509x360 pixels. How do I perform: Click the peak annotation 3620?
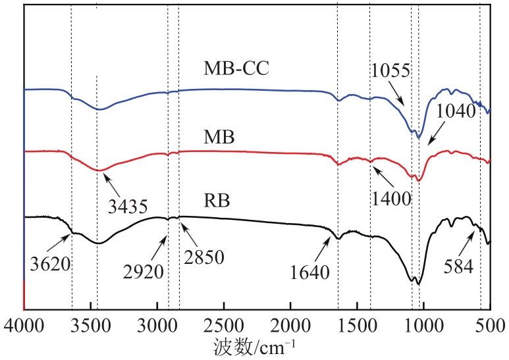point(50,263)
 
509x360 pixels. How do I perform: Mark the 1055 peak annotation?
point(390,70)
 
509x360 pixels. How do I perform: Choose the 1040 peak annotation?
point(455,111)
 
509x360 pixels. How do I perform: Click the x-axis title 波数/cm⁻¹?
point(254,344)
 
